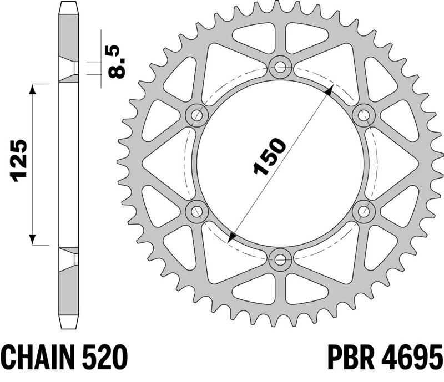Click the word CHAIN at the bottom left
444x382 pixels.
click(38, 356)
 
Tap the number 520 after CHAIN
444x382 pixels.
click(105, 356)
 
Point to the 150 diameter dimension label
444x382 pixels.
click(269, 156)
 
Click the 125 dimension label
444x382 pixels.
click(19, 160)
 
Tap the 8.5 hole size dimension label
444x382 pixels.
click(117, 62)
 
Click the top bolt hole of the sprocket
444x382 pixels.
click(280, 67)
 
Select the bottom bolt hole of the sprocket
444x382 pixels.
click(280, 259)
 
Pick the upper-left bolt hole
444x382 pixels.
click(196, 115)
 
